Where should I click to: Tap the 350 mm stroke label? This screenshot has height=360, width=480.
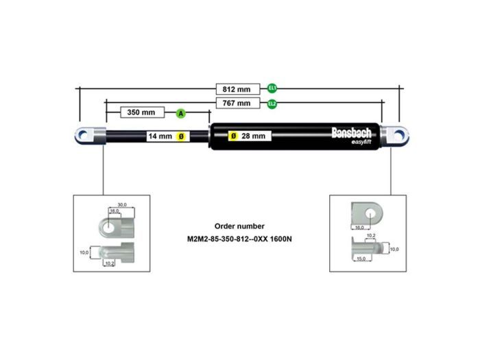point(142,112)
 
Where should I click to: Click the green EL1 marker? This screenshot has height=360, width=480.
point(272,89)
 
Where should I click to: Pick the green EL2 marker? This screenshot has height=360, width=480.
point(272,104)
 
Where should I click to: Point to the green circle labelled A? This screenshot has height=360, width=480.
point(180,112)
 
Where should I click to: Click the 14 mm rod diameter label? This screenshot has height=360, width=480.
point(160,136)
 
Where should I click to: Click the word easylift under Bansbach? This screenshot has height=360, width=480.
point(361,142)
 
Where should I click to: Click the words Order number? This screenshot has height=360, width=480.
point(239,226)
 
